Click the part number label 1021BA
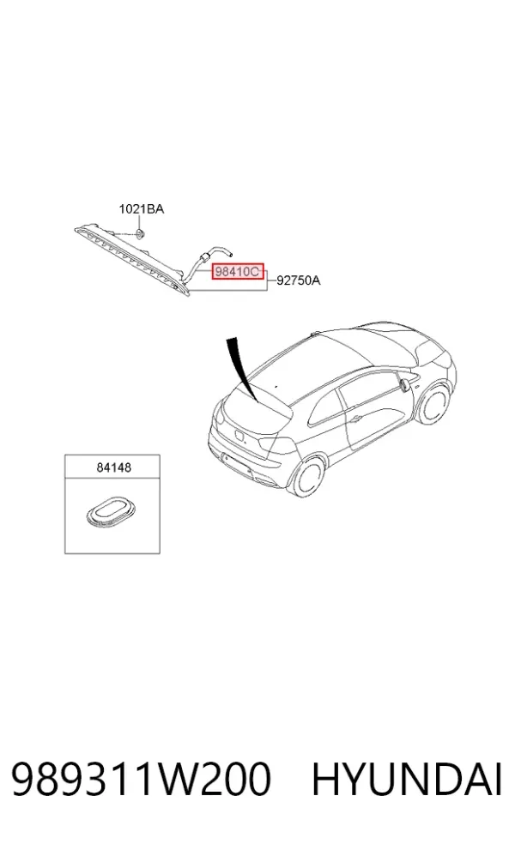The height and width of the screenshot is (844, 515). point(141,208)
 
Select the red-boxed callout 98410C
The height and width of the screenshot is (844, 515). point(238,272)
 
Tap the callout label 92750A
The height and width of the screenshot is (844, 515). point(299,280)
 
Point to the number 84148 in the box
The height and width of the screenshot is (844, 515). point(113,467)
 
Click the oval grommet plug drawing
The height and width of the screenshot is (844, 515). point(109,511)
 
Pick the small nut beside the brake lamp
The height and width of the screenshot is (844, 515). point(140,233)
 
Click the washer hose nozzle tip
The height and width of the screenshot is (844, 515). point(229,251)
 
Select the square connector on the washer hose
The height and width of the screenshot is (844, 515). point(203,256)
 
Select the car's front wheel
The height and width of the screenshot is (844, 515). point(434,405)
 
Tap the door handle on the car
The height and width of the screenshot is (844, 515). point(355,419)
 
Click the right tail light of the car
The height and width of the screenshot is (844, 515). point(277,445)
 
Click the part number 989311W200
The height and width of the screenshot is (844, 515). point(141,779)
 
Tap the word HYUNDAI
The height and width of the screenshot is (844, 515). point(407,779)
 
